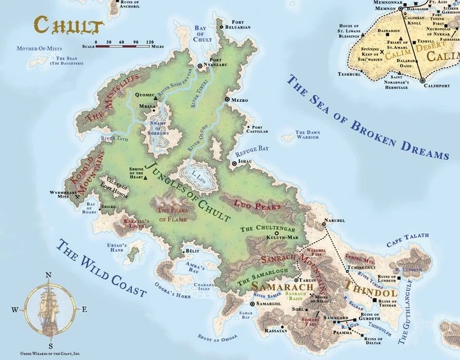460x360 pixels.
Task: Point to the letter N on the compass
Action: point(49,275)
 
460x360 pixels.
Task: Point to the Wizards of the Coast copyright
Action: point(44,352)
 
